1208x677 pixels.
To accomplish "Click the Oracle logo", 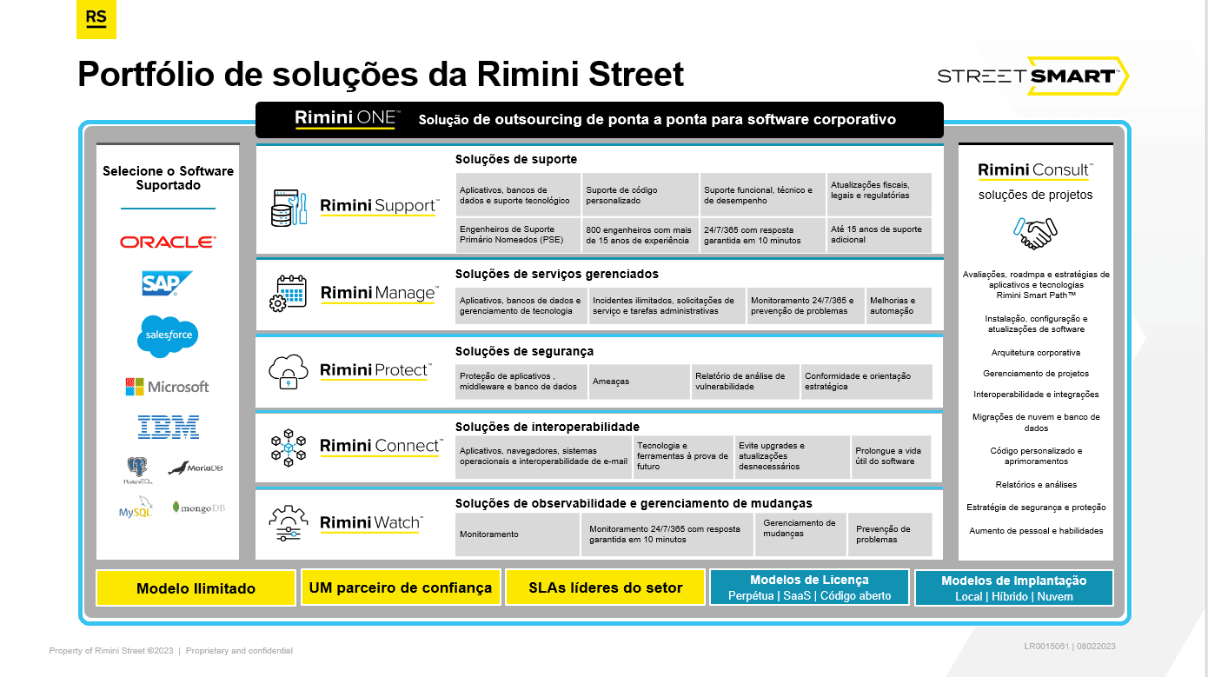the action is pyautogui.click(x=168, y=242).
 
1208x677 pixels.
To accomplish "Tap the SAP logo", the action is pyautogui.click(x=167, y=283).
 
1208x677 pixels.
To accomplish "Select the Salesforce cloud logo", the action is pyautogui.click(x=169, y=336).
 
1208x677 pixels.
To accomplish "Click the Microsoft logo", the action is pyautogui.click(x=167, y=387).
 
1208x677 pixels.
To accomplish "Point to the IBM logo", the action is pyautogui.click(x=169, y=427).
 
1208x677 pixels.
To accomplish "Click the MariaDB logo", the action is pyautogui.click(x=196, y=468).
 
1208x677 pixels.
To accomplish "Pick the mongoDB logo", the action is pyautogui.click(x=198, y=508).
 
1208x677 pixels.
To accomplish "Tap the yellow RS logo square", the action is pyautogui.click(x=96, y=19).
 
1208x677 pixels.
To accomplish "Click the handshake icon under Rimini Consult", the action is pyautogui.click(x=1035, y=233).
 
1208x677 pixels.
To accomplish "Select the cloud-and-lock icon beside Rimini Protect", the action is pyautogui.click(x=289, y=372).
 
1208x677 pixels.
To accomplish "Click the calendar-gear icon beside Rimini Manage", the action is pyautogui.click(x=288, y=294).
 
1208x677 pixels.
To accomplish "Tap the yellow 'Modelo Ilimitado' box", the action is pyautogui.click(x=196, y=588).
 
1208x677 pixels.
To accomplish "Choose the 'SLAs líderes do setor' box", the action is pyautogui.click(x=605, y=587).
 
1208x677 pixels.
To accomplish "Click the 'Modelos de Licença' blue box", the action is pyautogui.click(x=809, y=587).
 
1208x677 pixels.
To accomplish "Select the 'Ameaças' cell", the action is pyautogui.click(x=639, y=382).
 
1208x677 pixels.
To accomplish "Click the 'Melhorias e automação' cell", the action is pyautogui.click(x=899, y=306).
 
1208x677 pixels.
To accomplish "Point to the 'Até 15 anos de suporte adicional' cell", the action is pyautogui.click(x=879, y=235).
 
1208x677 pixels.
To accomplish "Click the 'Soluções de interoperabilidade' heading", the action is pyautogui.click(x=548, y=427).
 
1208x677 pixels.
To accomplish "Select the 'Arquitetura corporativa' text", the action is pyautogui.click(x=1035, y=353).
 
